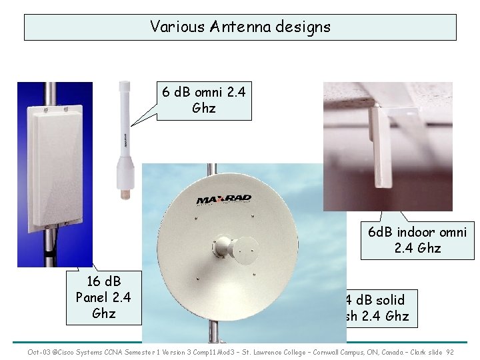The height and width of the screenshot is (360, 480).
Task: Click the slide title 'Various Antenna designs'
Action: [240, 27]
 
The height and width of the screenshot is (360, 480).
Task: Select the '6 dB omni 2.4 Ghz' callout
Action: [204, 100]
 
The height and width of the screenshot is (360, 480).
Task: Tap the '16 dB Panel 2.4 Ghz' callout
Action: [103, 296]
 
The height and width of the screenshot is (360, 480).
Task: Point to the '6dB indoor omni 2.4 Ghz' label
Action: [417, 240]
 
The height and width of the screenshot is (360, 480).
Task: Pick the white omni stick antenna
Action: [124, 133]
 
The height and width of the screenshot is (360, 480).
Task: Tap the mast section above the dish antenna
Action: [211, 169]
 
